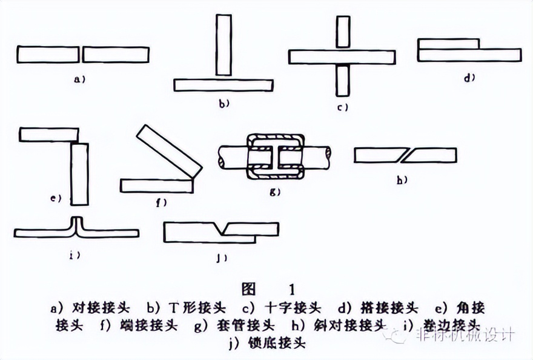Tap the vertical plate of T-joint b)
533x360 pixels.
click(x=223, y=46)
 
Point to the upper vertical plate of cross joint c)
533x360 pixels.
click(x=343, y=33)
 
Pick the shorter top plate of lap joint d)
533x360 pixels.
click(x=449, y=44)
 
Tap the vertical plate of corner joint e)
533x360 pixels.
click(x=79, y=174)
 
